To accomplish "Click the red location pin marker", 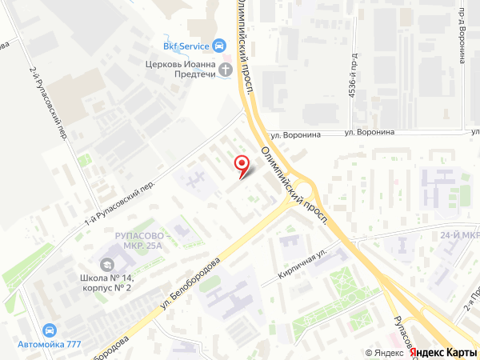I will (x=242, y=164).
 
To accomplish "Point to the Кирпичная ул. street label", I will (x=303, y=264).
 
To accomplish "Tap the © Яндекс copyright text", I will (x=385, y=353).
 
